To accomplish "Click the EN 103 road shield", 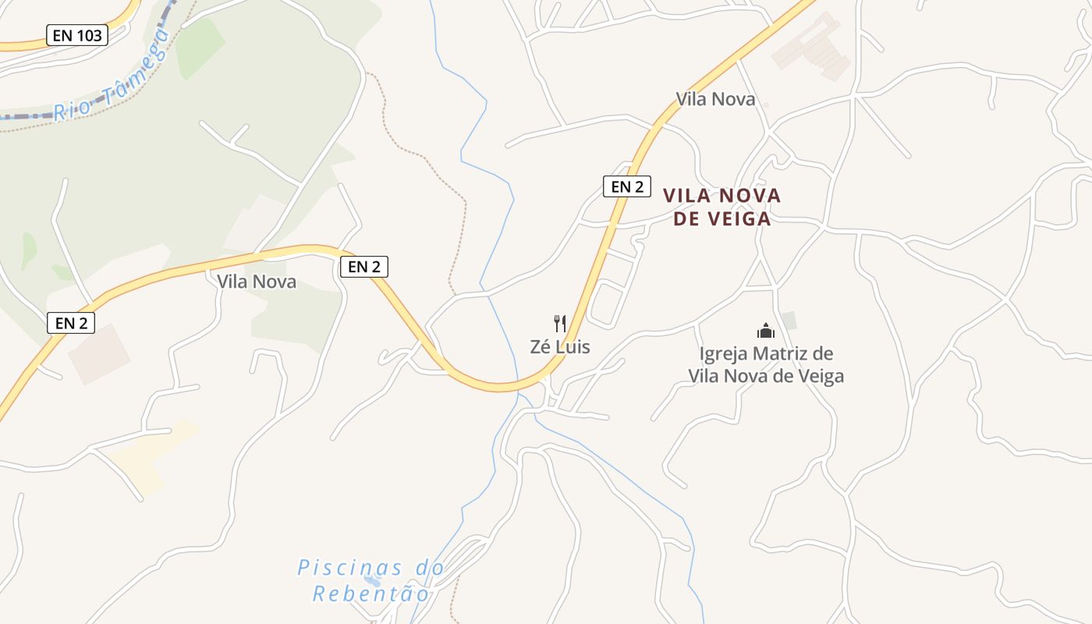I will [76, 35].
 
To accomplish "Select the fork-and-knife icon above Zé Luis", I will [559, 324].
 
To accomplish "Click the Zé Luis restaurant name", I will [560, 347].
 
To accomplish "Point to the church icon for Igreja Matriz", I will [766, 331].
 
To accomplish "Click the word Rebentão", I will [371, 594].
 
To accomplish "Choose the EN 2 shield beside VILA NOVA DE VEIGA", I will [627, 186].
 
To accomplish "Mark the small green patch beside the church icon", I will [789, 320].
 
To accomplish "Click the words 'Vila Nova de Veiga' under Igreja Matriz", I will [766, 377].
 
